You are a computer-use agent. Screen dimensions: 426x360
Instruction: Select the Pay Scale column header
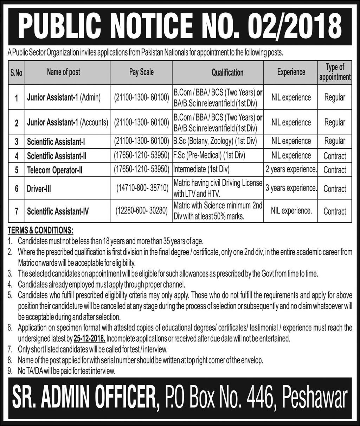tap(141, 72)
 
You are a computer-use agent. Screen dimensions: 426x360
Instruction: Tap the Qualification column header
tap(227, 72)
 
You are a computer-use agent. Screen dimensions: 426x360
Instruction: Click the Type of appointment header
tap(335, 72)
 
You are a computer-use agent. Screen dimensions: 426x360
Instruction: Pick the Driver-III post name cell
tap(39, 189)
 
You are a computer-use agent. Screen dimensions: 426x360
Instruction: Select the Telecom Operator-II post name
tap(55, 170)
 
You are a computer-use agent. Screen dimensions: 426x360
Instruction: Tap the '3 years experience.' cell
tap(291, 188)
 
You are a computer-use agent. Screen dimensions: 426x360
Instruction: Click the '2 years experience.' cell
tap(291, 170)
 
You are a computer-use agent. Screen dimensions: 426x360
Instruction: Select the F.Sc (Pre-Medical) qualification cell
tap(209, 155)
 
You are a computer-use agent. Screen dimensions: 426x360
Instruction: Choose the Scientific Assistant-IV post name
tap(58, 211)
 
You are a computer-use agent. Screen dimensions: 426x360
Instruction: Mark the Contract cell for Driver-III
tap(335, 189)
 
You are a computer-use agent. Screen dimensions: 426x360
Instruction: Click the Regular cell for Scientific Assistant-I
tap(335, 141)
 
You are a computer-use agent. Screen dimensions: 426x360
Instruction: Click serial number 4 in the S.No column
tap(16, 156)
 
